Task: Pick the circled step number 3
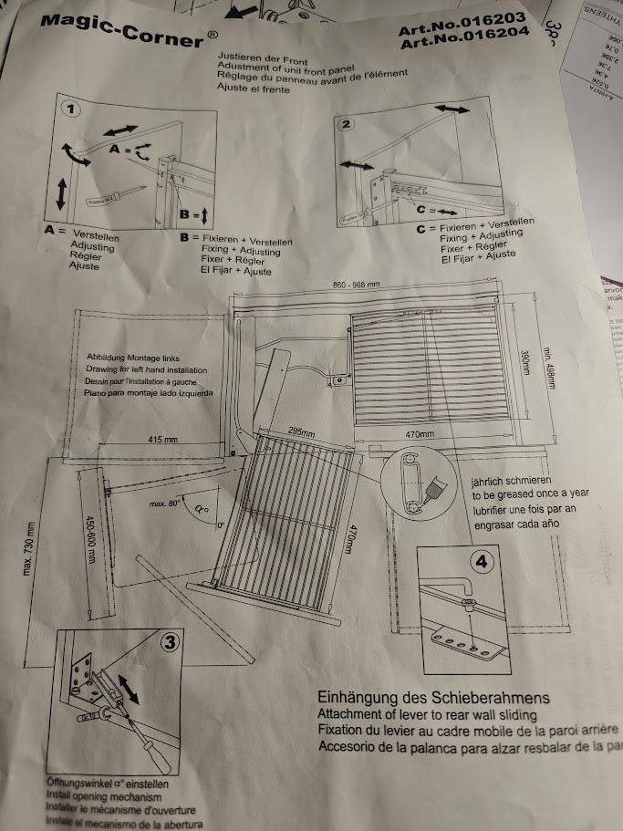tap(170, 641)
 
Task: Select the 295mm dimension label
tap(300, 432)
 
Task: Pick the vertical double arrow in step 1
tap(61, 194)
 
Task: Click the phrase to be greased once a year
tap(531, 494)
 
